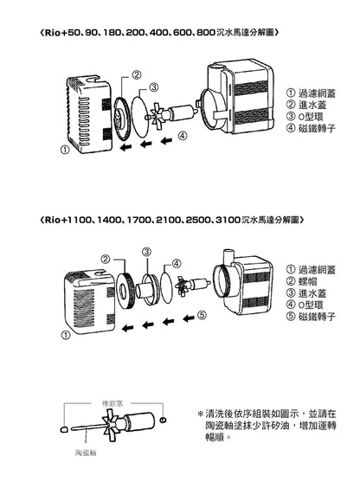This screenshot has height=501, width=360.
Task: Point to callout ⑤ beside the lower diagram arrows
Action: click(x=201, y=316)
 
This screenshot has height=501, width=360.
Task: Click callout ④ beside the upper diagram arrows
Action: click(x=182, y=135)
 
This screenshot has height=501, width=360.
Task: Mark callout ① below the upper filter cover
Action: click(x=65, y=149)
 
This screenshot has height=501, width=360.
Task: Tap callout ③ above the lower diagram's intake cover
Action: click(x=147, y=251)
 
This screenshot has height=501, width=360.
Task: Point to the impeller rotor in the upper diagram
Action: click(x=161, y=113)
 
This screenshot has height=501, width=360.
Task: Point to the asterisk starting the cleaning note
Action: click(x=201, y=416)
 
